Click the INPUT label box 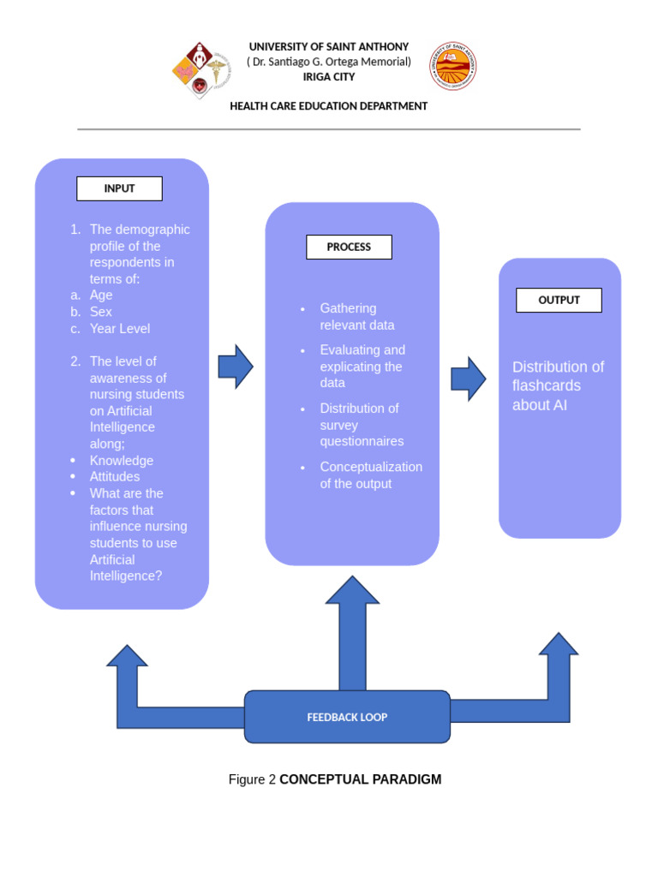coord(119,188)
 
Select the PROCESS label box coord(349,247)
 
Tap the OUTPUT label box coord(559,300)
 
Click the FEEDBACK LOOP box coord(347,717)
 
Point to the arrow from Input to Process coord(236,367)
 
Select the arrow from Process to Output coord(469,379)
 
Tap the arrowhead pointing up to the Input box coord(127,657)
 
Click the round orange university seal coord(453,67)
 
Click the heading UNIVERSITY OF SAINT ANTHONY coord(329,46)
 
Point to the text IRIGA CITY coord(329,77)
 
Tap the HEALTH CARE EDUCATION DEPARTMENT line coord(329,106)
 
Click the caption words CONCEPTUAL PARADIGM coord(360,779)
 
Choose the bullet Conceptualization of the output coord(370,475)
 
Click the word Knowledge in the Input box coord(122,461)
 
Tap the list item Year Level coord(120,328)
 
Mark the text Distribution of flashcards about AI coord(558,385)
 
